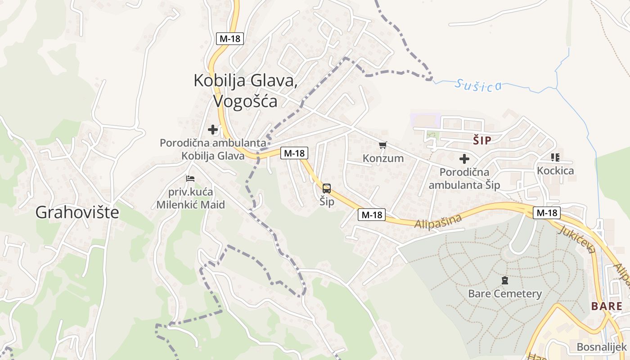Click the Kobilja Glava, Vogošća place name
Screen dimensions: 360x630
245,90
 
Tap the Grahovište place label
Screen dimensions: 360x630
77,212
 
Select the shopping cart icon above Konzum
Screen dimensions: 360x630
382,145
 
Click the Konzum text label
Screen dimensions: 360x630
383,158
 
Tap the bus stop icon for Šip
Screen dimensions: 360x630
327,189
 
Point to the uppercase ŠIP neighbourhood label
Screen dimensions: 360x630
482,141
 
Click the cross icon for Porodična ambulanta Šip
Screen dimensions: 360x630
464,158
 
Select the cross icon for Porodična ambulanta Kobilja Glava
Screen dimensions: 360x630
213,130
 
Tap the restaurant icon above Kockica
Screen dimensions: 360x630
555,157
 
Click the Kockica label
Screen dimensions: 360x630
555,171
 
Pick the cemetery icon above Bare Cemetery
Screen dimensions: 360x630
505,280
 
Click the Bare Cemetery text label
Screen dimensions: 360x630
505,294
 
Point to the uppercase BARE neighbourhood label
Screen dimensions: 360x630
607,306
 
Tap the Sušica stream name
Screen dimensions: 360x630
478,84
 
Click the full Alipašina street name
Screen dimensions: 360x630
439,221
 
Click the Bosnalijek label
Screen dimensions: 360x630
602,347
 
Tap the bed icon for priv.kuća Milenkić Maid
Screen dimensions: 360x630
190,179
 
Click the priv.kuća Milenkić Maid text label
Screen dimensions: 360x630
191,198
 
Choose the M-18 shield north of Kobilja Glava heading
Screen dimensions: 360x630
230,39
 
